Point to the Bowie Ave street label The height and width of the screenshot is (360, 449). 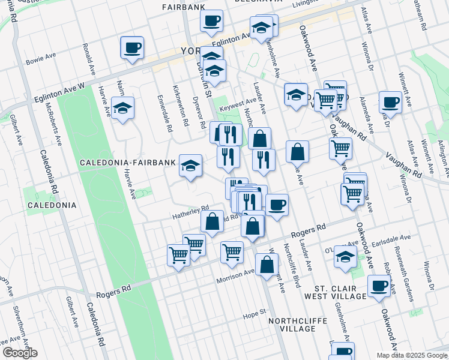pos(41,61)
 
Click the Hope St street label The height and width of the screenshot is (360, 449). pos(254,313)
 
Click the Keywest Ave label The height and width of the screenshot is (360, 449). pos(238,105)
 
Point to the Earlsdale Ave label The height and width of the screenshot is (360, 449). pos(391,238)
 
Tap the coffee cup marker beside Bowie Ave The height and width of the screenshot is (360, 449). pos(132,47)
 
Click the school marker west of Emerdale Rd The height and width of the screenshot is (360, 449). pos(122,109)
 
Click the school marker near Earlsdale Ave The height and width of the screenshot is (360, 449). pos(345,256)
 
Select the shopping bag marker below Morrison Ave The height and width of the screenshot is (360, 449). pos(267,263)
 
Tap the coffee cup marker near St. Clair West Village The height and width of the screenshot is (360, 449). pos(379,286)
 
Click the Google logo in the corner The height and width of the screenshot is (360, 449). pos(20,353)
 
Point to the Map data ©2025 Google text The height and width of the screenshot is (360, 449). pos(412,355)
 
